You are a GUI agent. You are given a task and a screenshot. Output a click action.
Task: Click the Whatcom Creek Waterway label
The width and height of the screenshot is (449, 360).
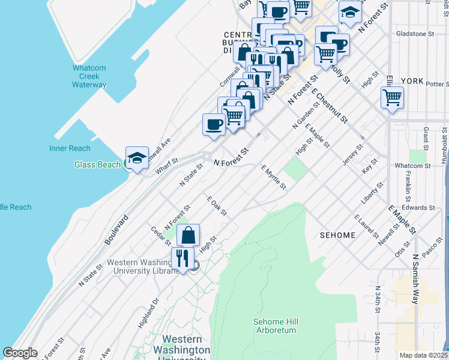tap(89, 76)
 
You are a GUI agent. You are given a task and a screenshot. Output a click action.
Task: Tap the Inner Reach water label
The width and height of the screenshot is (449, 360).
tap(70, 148)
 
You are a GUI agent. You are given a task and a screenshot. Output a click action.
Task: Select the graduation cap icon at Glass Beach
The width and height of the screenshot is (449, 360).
tap(137, 158)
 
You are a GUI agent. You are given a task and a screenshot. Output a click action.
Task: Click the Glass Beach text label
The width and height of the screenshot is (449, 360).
tap(97, 164)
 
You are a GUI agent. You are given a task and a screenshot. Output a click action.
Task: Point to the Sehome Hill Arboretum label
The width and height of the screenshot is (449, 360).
tap(276, 326)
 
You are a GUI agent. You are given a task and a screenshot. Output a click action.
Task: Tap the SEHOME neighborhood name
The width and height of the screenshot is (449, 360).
tap(338, 235)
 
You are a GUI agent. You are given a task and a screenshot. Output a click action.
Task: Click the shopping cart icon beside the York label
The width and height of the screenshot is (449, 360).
tap(392, 98)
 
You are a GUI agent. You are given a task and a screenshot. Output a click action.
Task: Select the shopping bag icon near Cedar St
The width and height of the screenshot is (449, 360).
tap(188, 235)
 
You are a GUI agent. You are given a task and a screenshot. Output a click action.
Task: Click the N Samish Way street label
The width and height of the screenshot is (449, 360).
tap(415, 278)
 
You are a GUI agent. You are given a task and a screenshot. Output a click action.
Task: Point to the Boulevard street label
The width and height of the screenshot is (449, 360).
tap(117, 229)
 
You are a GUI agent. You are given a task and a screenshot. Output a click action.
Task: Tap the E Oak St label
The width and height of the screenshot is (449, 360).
tap(217, 206)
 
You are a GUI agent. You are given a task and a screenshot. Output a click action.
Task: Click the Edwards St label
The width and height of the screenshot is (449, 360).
tap(418, 208)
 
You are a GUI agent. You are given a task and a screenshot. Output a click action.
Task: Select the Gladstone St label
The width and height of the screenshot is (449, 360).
tap(414, 34)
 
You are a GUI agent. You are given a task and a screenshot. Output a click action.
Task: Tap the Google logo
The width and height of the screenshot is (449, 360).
tap(20, 353)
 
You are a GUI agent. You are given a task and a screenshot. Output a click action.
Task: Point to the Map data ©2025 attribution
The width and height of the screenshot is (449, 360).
tap(423, 355)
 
